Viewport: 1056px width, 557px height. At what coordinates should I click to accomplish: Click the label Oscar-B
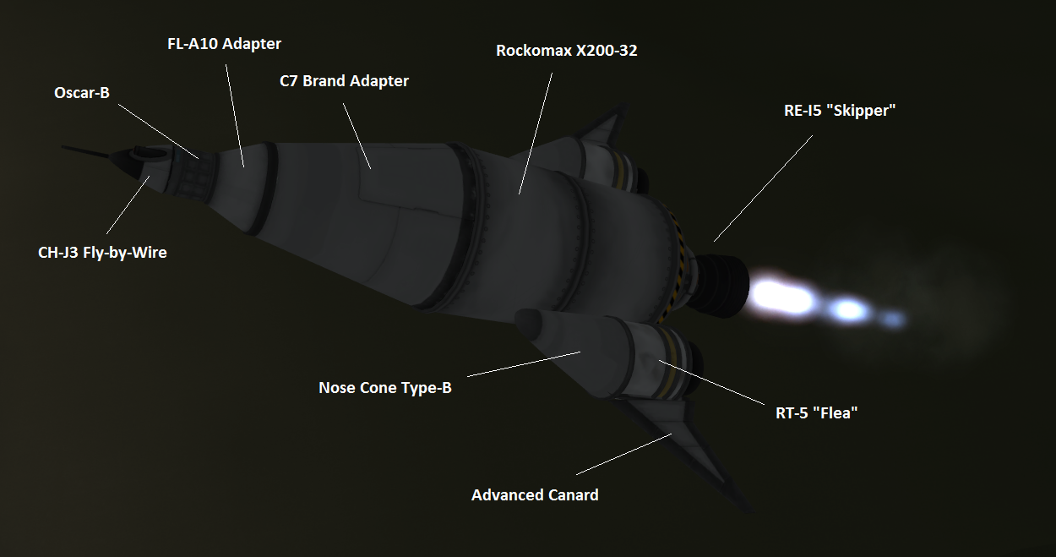82,93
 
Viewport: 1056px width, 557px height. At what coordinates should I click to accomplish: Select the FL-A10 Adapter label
224,44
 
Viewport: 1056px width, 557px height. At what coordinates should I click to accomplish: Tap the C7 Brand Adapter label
344,81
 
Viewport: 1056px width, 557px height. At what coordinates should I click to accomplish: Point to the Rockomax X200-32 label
566,51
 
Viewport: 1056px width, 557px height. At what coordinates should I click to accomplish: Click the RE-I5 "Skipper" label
840,111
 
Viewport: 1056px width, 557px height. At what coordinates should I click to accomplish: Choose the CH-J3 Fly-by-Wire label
102,253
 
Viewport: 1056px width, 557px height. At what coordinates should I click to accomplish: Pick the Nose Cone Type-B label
384,388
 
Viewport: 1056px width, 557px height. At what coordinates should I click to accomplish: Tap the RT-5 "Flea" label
816,413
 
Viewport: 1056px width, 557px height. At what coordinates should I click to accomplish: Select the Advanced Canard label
534,495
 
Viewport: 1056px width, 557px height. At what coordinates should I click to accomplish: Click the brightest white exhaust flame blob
781,296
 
